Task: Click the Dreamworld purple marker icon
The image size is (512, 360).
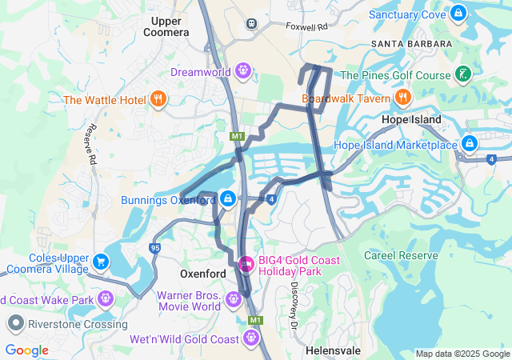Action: [244, 72]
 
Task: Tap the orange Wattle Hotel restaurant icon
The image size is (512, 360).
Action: [158, 100]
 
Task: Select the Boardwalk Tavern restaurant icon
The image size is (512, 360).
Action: [402, 98]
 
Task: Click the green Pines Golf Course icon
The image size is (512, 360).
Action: [462, 75]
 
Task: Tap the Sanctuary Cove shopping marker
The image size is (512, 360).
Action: [458, 14]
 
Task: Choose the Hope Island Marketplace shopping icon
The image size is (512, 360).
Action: [470, 145]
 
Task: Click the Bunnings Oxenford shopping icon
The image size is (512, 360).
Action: [228, 198]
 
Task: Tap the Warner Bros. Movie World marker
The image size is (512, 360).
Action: [233, 299]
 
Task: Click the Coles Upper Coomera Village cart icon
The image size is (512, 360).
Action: [101, 262]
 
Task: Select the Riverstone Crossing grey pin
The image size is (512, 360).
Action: [15, 324]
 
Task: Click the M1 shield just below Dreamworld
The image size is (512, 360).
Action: [237, 137]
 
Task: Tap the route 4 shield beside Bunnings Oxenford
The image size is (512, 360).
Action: [272, 198]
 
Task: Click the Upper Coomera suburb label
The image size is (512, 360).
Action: [166, 26]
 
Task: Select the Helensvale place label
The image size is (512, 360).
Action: [334, 351]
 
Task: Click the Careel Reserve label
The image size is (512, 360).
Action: [401, 255]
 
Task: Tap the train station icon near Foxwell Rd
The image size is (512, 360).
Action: [252, 23]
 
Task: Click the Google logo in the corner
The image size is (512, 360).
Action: [27, 350]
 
